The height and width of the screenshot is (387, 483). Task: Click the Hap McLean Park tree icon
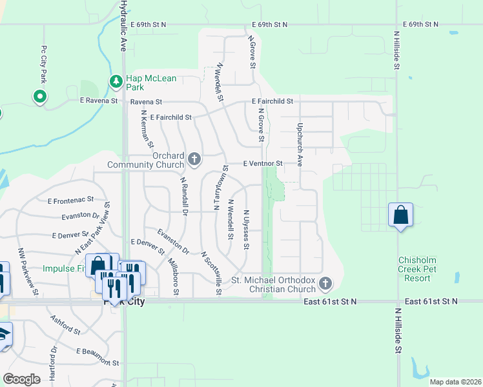tap(116, 81)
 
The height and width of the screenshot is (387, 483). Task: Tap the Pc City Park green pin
tap(40, 97)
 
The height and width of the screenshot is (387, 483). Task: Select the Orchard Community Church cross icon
tap(194, 159)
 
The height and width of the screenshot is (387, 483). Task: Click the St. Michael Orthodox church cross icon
tap(327, 283)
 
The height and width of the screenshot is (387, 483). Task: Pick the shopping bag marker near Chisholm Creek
tap(401, 214)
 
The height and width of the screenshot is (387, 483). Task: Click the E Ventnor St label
tap(263, 164)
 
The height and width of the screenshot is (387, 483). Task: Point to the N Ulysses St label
tap(246, 229)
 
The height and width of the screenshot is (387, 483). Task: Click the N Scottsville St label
tap(212, 273)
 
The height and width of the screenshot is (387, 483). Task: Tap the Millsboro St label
tap(173, 277)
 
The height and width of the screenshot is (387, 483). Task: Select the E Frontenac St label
tap(70, 201)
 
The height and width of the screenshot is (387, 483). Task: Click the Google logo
tap(22, 379)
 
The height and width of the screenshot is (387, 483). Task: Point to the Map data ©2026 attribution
tap(455, 382)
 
